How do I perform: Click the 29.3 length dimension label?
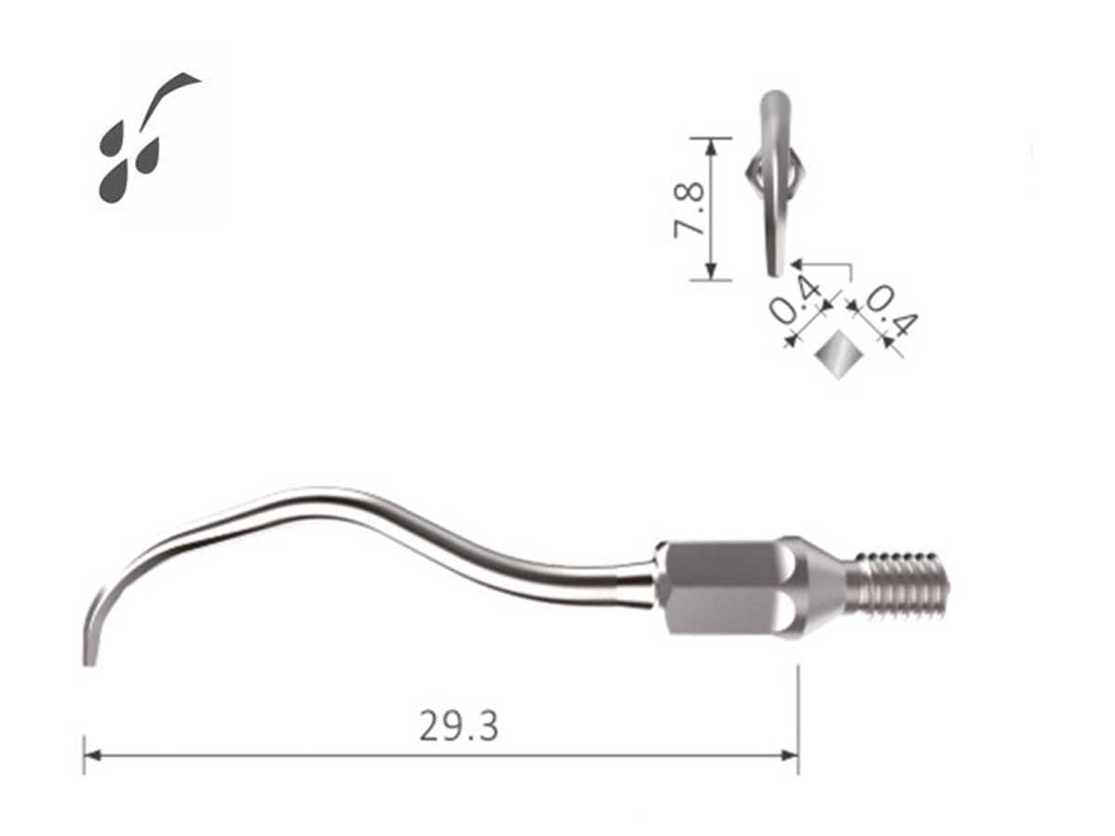(x=458, y=726)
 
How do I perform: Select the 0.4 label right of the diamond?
(x=891, y=311)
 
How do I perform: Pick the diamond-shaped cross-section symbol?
(x=838, y=355)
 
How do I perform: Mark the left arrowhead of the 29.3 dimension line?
(x=90, y=755)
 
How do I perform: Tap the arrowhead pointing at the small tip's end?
(x=796, y=264)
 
